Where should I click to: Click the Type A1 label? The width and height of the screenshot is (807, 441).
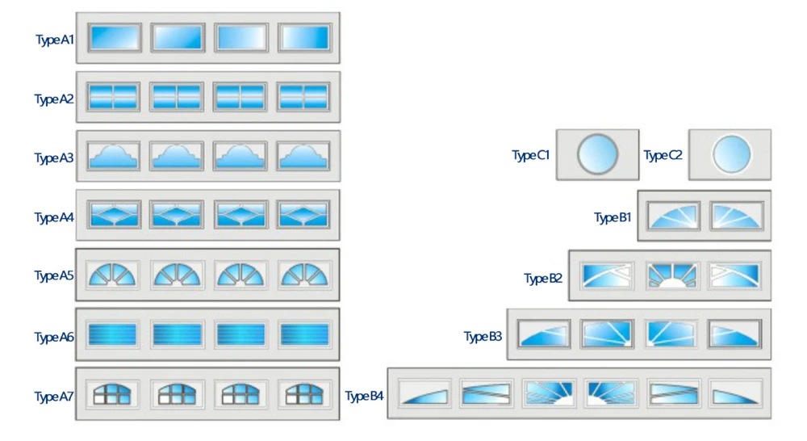pos(54,40)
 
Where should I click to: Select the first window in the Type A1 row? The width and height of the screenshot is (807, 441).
pos(115,38)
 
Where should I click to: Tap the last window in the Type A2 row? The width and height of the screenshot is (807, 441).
pos(304,97)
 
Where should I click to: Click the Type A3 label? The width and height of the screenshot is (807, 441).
pos(54,158)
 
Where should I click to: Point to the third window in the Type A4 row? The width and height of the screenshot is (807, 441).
pos(240,215)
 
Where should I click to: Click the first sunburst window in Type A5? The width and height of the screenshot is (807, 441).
pos(114,275)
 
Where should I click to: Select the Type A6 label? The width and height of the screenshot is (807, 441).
pos(54,337)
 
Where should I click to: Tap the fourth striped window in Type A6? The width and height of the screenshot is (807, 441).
pos(304,334)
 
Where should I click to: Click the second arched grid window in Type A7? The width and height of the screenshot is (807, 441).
pos(177,394)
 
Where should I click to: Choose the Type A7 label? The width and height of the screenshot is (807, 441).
pos(54,397)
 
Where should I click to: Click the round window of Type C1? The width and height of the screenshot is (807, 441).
pos(598,153)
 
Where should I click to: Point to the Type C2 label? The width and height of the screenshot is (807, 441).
pos(663,155)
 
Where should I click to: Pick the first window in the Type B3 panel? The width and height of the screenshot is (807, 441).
pos(544,334)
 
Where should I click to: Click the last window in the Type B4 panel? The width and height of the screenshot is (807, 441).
pos(735,393)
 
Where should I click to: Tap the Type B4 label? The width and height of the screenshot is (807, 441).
pos(365,397)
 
